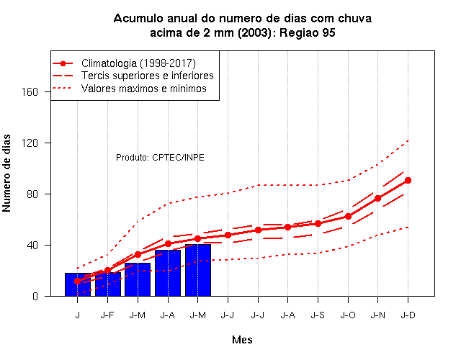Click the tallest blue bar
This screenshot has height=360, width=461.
pos(198,270)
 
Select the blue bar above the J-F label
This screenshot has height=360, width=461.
pos(107,284)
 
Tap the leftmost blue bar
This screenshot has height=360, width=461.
pos(78,284)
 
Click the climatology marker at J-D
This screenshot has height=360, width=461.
pos(408,181)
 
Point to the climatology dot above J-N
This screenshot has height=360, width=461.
pos(377,199)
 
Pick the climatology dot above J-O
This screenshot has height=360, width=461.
pos(348,216)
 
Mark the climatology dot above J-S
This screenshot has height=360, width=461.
pos(318,224)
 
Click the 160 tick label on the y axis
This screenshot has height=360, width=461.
pos(30,92)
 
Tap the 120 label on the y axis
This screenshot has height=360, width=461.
pos(30,143)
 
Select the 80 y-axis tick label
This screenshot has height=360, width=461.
pos(32,194)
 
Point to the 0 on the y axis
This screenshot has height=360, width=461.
pos(35,296)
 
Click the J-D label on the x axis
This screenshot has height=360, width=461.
pos(408,315)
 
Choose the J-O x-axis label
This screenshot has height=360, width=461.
pos(348,315)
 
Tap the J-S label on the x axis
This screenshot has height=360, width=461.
pos(318,315)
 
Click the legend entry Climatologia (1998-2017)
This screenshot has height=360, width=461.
pos(138,63)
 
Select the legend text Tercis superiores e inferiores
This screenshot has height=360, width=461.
pos(147,76)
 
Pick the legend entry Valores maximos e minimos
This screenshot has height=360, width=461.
pos(144,89)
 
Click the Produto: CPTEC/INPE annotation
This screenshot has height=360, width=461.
pos(160,158)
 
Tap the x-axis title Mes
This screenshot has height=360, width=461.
pos(242,340)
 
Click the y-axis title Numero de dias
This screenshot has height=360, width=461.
pos(6,173)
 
